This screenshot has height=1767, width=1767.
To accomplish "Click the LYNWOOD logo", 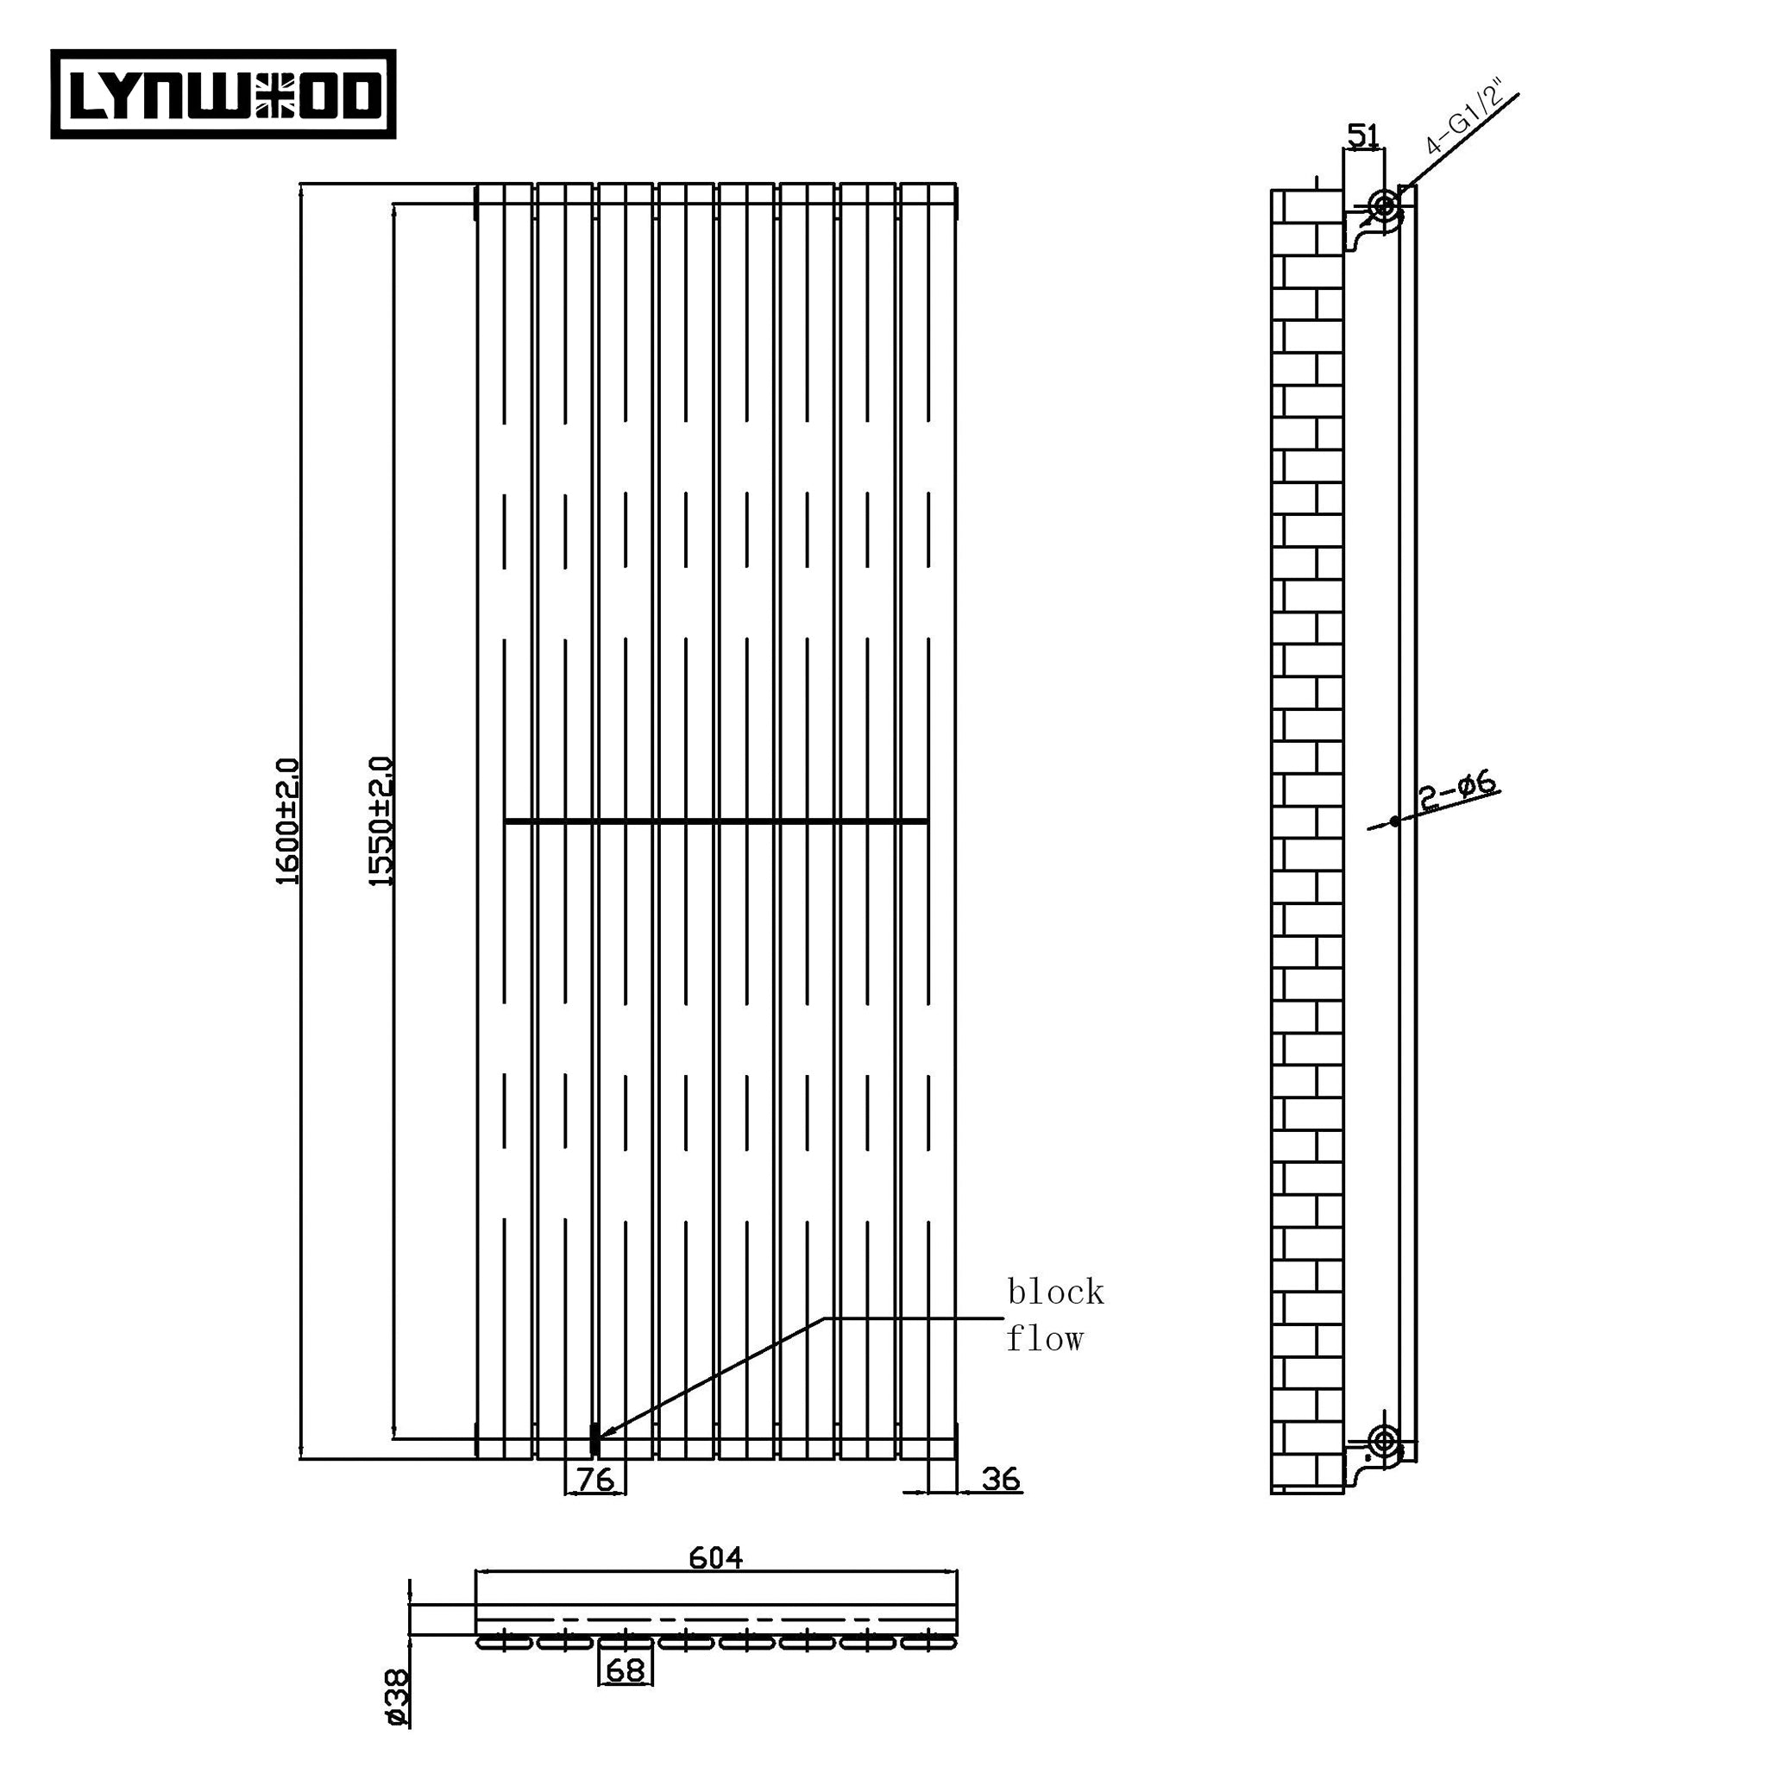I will [223, 94].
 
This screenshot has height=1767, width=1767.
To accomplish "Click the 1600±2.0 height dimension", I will [288, 821].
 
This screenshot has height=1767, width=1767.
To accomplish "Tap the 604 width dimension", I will [715, 1556].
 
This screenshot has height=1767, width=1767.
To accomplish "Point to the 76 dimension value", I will [595, 1479].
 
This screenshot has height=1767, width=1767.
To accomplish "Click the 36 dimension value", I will [1001, 1479].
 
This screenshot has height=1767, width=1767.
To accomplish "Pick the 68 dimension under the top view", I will [626, 1670].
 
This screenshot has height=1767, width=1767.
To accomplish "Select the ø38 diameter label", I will [398, 1697].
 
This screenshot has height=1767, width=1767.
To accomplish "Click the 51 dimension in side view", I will [1362, 136].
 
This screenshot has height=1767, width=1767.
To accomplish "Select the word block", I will [1055, 1292].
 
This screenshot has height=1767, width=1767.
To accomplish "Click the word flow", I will [1045, 1340].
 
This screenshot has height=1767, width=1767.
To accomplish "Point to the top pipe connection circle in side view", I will [1385, 204].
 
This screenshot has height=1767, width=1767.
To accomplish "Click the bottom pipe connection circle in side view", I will [1384, 1443].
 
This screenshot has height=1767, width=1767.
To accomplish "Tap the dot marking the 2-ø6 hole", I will [1395, 821].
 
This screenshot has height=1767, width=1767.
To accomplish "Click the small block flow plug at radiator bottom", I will [594, 1440].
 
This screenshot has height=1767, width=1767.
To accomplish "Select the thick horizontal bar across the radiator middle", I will [715, 822].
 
